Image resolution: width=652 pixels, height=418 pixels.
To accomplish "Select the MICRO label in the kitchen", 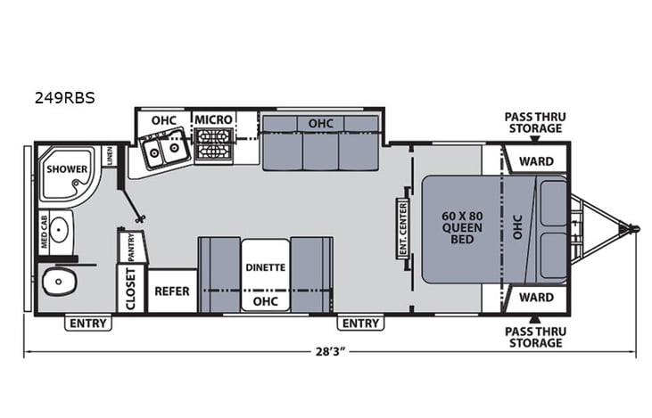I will [214, 119].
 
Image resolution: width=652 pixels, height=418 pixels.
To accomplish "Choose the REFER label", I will [173, 291].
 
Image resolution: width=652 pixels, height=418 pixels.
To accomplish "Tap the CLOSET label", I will [130, 290].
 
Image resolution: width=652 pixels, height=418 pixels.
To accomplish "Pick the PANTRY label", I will [130, 246].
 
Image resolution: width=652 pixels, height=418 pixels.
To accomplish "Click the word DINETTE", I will [265, 266].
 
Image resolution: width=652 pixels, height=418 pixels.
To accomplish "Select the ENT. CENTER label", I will [402, 228].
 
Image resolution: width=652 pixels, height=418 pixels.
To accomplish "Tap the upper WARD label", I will [536, 161].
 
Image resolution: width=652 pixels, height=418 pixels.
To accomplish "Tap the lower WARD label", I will [536, 298].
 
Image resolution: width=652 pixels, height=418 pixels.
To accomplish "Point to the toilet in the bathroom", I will [61, 283].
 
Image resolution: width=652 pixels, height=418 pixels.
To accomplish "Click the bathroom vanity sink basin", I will [59, 229].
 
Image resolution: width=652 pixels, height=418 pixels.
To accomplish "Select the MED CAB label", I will [43, 229].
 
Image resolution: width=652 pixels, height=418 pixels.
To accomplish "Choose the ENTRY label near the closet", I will [88, 323].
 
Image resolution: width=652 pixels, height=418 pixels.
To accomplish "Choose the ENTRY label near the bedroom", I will [360, 323].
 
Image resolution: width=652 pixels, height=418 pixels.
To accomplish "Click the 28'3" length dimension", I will [331, 351].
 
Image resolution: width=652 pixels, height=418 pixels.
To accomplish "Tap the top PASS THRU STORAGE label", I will [534, 122].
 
